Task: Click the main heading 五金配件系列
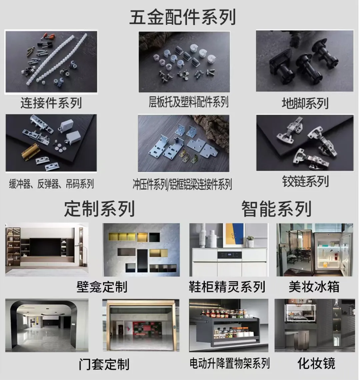point(182,17)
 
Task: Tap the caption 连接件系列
point(51,102)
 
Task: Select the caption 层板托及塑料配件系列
point(188,102)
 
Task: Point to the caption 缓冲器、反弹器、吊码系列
point(51,184)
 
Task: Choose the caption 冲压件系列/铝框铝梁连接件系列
point(182,184)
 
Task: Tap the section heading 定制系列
point(99,209)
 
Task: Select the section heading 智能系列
point(276,209)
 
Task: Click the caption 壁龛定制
point(102,286)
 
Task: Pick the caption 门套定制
point(104,364)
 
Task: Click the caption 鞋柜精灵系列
point(227,287)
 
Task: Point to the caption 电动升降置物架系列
point(230,363)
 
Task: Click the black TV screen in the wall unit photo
point(45,247)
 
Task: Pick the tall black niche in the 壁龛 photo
point(142,260)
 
